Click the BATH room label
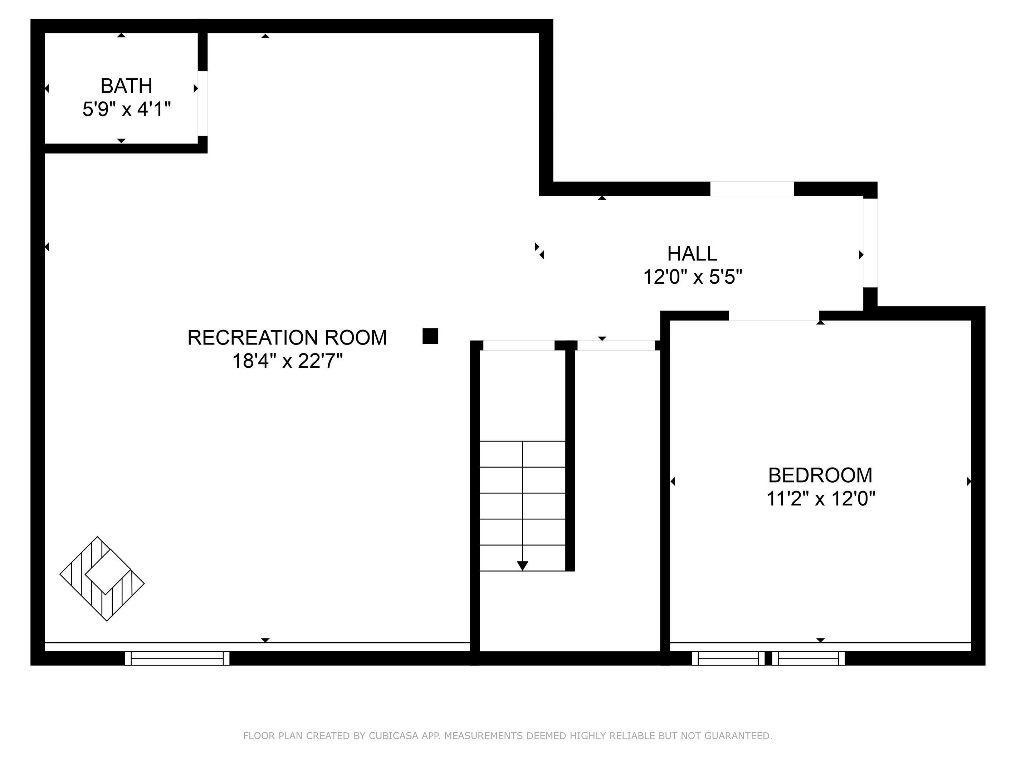tap(126, 86)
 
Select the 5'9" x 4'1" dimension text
tap(126, 110)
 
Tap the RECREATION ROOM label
tap(287, 338)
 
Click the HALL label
tap(692, 254)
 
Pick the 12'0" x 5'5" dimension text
tap(692, 277)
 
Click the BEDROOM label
tap(820, 475)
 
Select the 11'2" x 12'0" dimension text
tap(820, 498)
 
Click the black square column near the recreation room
tap(430, 336)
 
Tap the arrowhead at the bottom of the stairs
tap(522, 566)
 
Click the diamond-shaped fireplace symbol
tap(102, 579)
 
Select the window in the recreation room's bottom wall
tap(177, 658)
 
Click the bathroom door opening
tap(202, 103)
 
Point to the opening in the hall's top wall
tap(752, 189)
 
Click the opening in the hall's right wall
tap(870, 243)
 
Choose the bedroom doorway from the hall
tap(774, 316)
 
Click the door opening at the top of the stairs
tap(519, 345)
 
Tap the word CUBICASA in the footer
tap(394, 736)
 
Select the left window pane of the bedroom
tap(728, 658)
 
